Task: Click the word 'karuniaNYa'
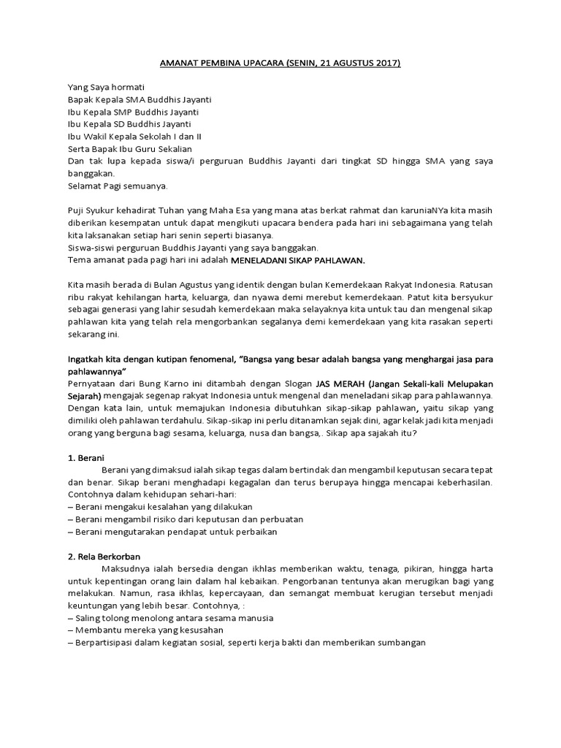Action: pos(413,211)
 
